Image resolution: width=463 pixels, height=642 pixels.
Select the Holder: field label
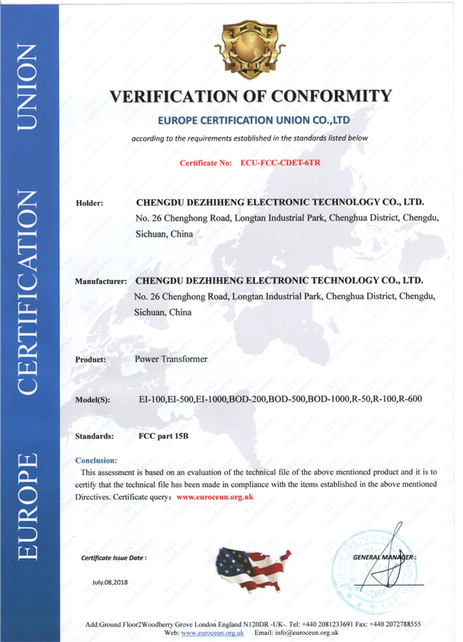(90, 204)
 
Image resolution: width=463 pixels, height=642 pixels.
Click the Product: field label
(91, 360)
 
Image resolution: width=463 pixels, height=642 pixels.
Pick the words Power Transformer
(171, 359)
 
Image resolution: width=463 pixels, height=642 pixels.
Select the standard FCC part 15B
(163, 436)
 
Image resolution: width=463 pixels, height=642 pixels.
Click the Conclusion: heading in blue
(96, 459)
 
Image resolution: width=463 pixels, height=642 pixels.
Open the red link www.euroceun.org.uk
(215, 498)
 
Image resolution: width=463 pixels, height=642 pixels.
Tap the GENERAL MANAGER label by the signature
(384, 556)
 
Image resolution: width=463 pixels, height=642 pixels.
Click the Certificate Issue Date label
(113, 556)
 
